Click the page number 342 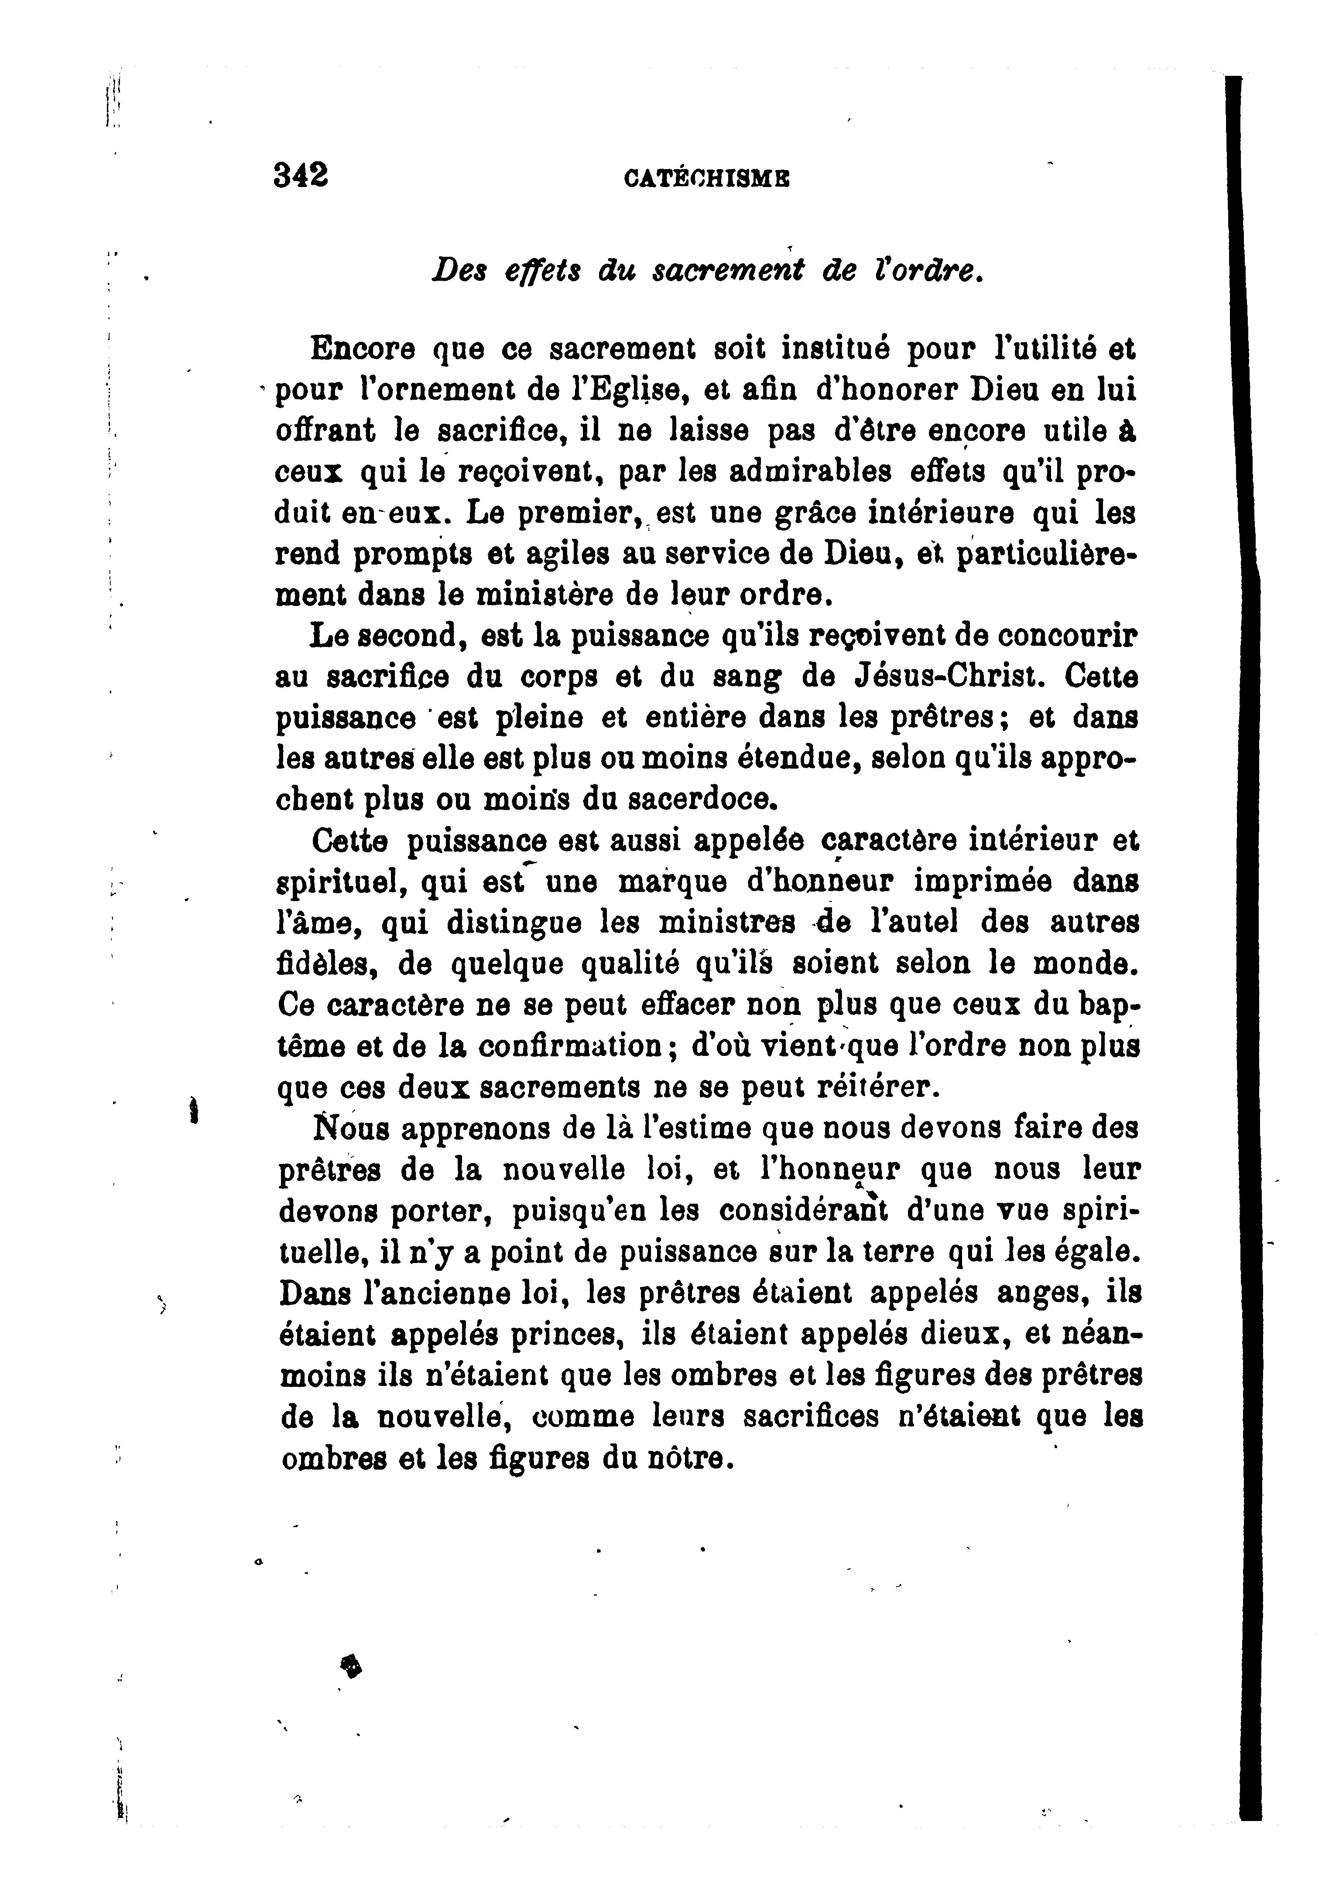pos(301,175)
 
